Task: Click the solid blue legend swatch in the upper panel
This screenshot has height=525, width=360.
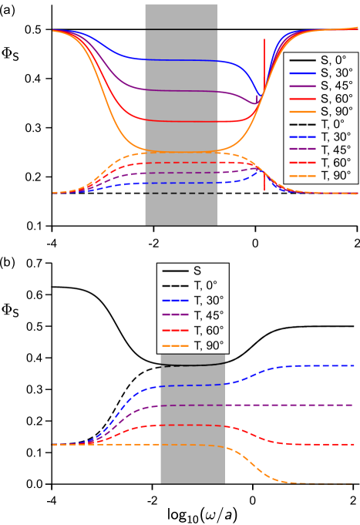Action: [x=302, y=74]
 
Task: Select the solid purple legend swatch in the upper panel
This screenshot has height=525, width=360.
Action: [x=302, y=86]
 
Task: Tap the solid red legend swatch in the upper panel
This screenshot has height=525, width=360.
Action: [x=302, y=99]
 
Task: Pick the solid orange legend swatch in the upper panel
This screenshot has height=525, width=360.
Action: [x=302, y=112]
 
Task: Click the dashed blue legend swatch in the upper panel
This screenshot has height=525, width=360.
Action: [x=302, y=136]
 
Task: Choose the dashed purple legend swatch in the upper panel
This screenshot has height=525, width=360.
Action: [x=302, y=149]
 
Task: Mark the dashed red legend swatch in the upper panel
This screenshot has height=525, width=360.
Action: [x=302, y=163]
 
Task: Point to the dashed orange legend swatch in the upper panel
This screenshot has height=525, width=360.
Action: [x=302, y=176]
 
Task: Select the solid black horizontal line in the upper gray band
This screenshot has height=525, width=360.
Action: [x=180, y=29]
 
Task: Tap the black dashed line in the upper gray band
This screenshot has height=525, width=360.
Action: [x=180, y=194]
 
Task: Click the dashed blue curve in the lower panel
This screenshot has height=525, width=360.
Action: [x=308, y=365]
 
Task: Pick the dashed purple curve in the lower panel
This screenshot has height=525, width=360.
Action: [x=308, y=405]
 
